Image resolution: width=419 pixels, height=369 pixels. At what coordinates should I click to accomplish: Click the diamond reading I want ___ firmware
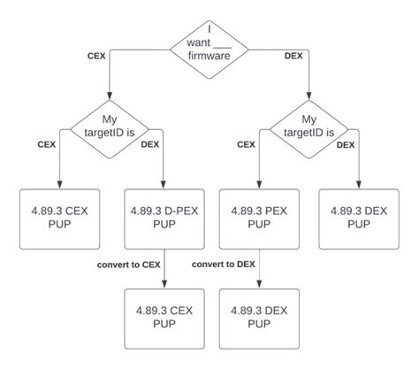click(x=209, y=42)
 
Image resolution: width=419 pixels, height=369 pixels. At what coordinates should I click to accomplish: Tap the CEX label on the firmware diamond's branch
click(x=96, y=55)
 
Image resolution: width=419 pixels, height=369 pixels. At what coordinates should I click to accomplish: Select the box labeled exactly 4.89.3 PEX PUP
click(x=258, y=219)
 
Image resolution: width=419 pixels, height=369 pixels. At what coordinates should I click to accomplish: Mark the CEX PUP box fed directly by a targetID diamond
click(x=59, y=219)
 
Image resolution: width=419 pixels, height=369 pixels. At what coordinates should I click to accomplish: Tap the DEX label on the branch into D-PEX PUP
click(x=151, y=145)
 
